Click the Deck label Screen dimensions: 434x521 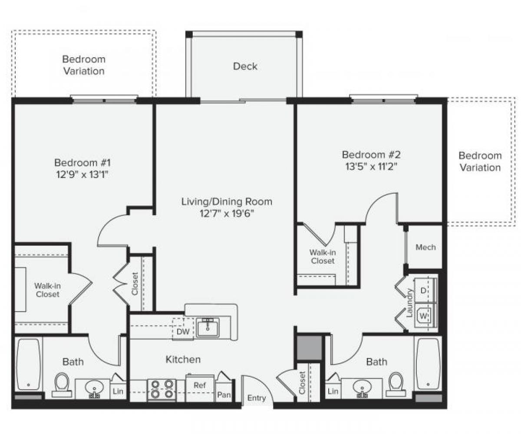click(245, 66)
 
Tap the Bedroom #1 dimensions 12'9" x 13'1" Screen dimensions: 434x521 click(83, 174)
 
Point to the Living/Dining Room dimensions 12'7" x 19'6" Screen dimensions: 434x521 click(227, 213)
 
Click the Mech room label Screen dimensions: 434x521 click(425, 247)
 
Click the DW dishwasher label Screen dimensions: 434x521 click(182, 331)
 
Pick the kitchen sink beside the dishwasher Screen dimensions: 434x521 click(208, 327)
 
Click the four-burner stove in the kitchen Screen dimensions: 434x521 click(162, 389)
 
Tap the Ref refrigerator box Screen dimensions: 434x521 click(199, 385)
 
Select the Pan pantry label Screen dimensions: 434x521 click(224, 394)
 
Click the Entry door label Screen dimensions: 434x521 click(257, 398)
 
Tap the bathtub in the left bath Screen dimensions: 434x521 click(29, 364)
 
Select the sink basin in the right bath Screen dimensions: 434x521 click(361, 386)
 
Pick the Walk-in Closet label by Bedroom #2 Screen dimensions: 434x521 click(322, 256)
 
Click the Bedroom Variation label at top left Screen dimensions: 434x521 click(84, 65)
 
